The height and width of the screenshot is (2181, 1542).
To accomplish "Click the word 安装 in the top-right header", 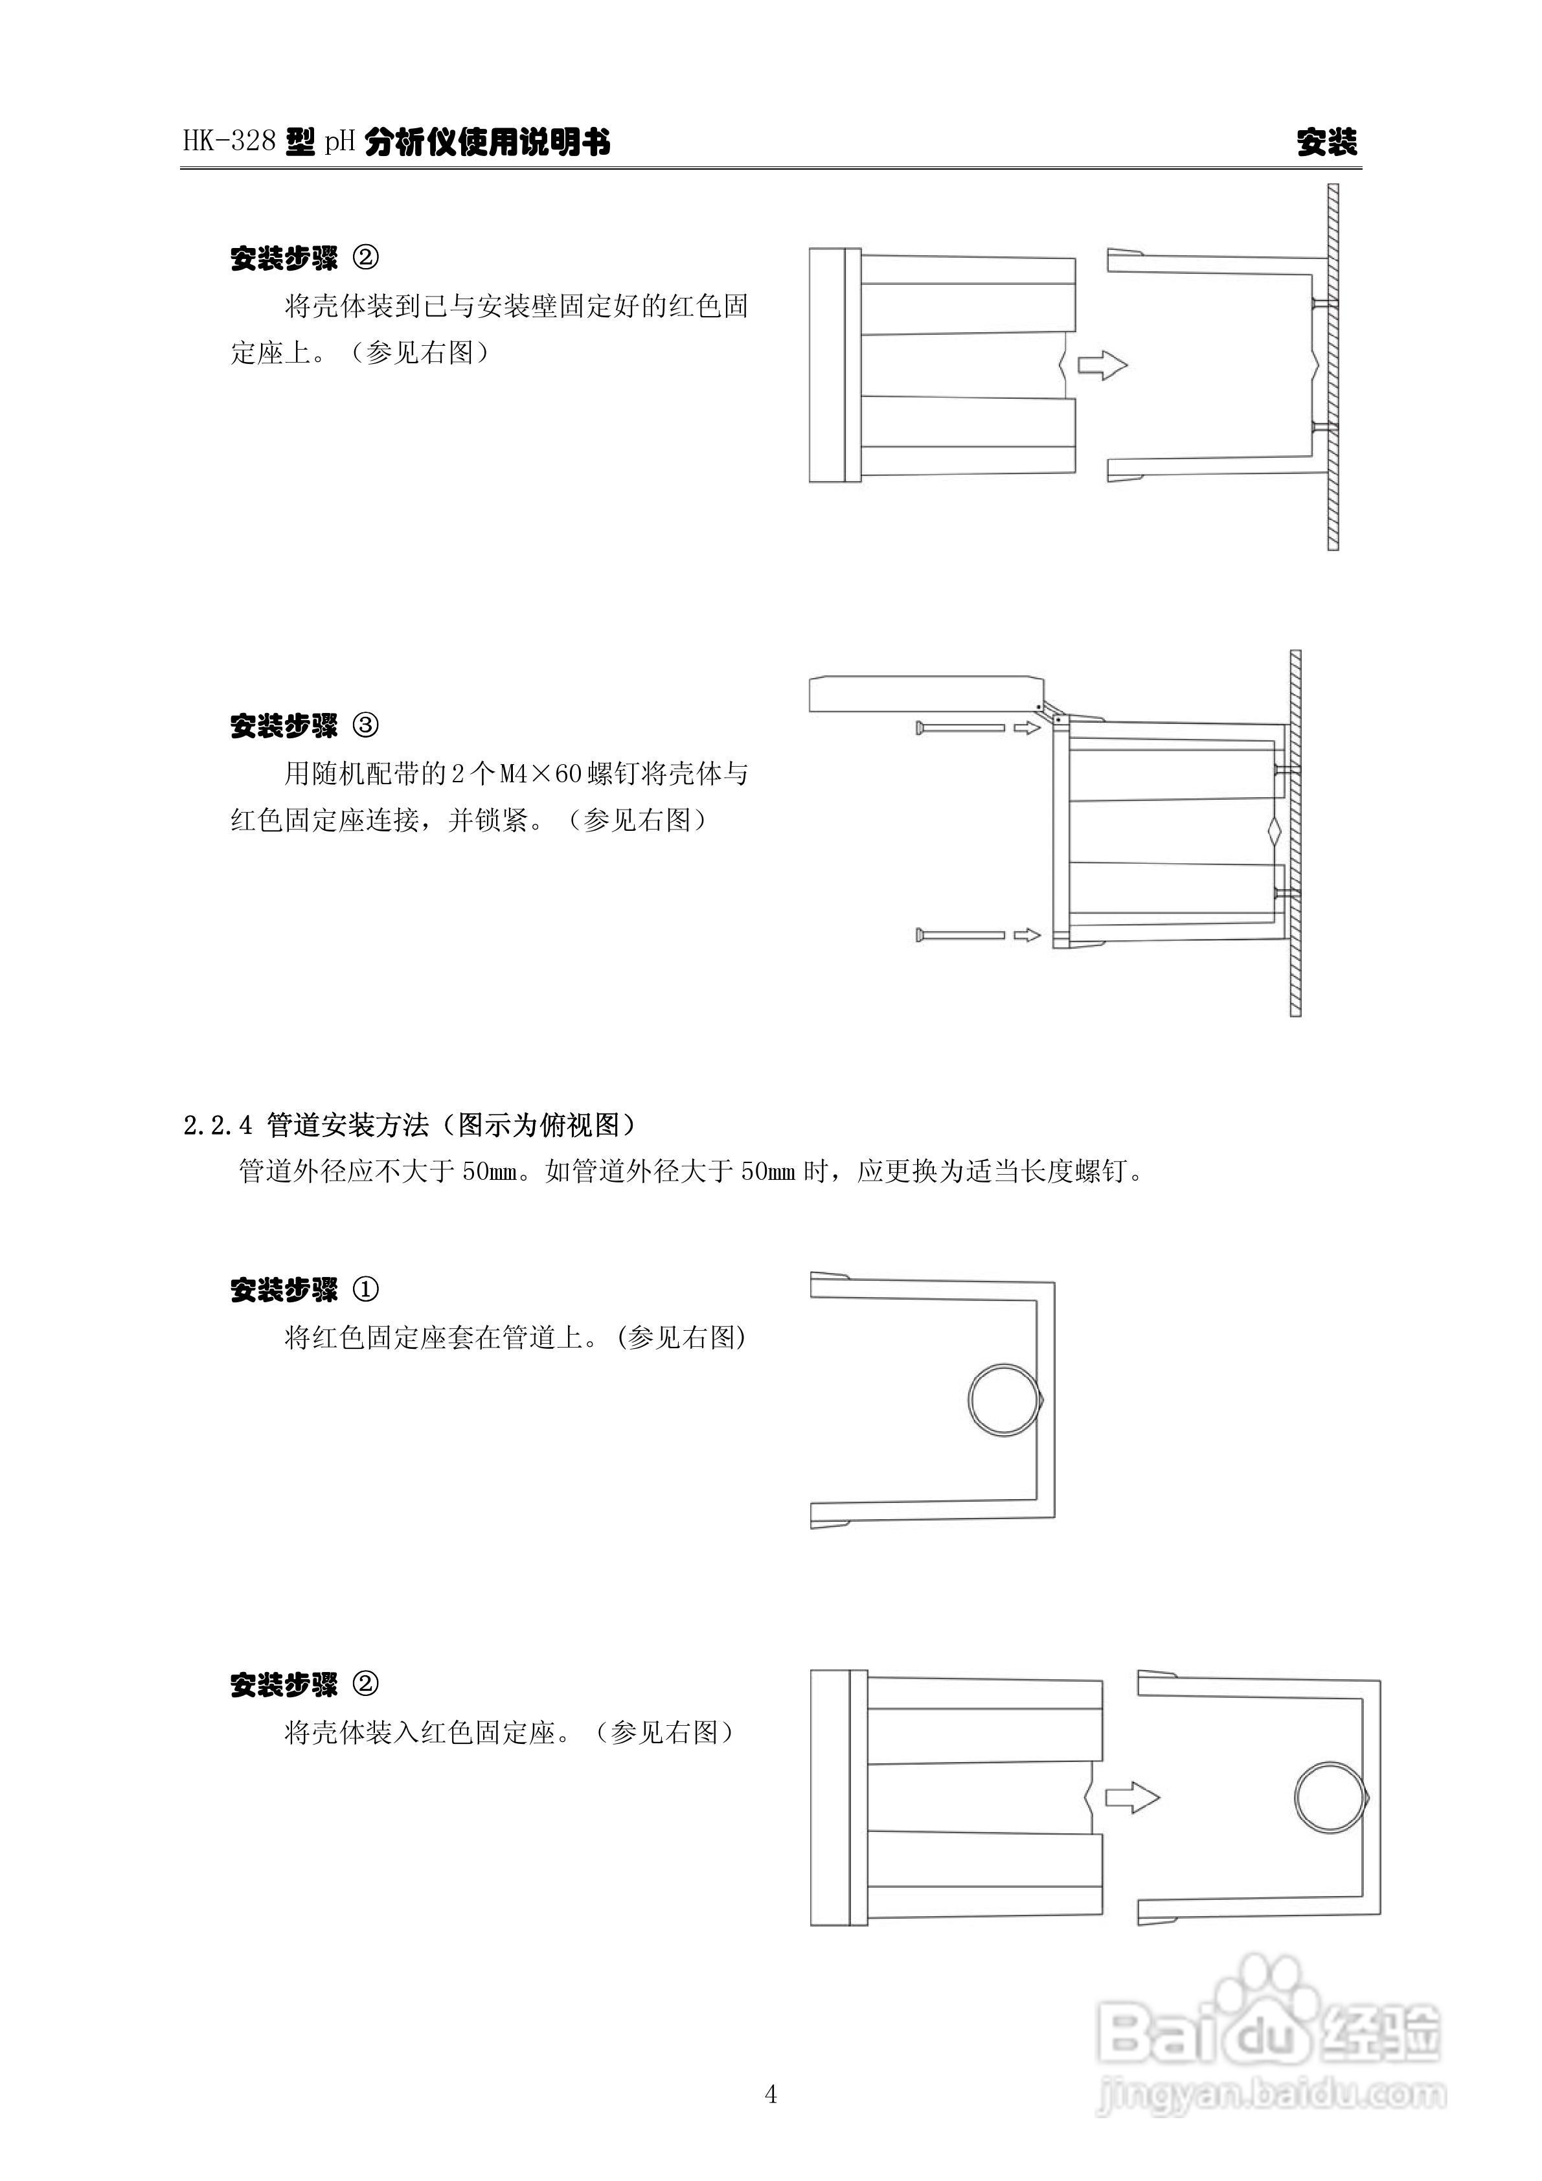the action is (x=1327, y=142).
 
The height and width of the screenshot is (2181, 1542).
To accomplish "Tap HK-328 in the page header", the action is (x=229, y=142).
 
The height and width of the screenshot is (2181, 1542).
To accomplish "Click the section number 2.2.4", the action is (x=218, y=1125).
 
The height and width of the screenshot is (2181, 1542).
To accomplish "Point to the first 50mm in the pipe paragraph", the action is (x=491, y=1171).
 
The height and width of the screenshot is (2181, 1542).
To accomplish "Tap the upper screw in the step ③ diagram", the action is (x=960, y=728).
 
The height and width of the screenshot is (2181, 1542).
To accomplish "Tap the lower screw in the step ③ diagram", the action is (x=960, y=936).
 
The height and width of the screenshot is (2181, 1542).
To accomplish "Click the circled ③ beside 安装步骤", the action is (x=366, y=726).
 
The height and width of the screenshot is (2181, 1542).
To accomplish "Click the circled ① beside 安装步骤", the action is (x=366, y=1289).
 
